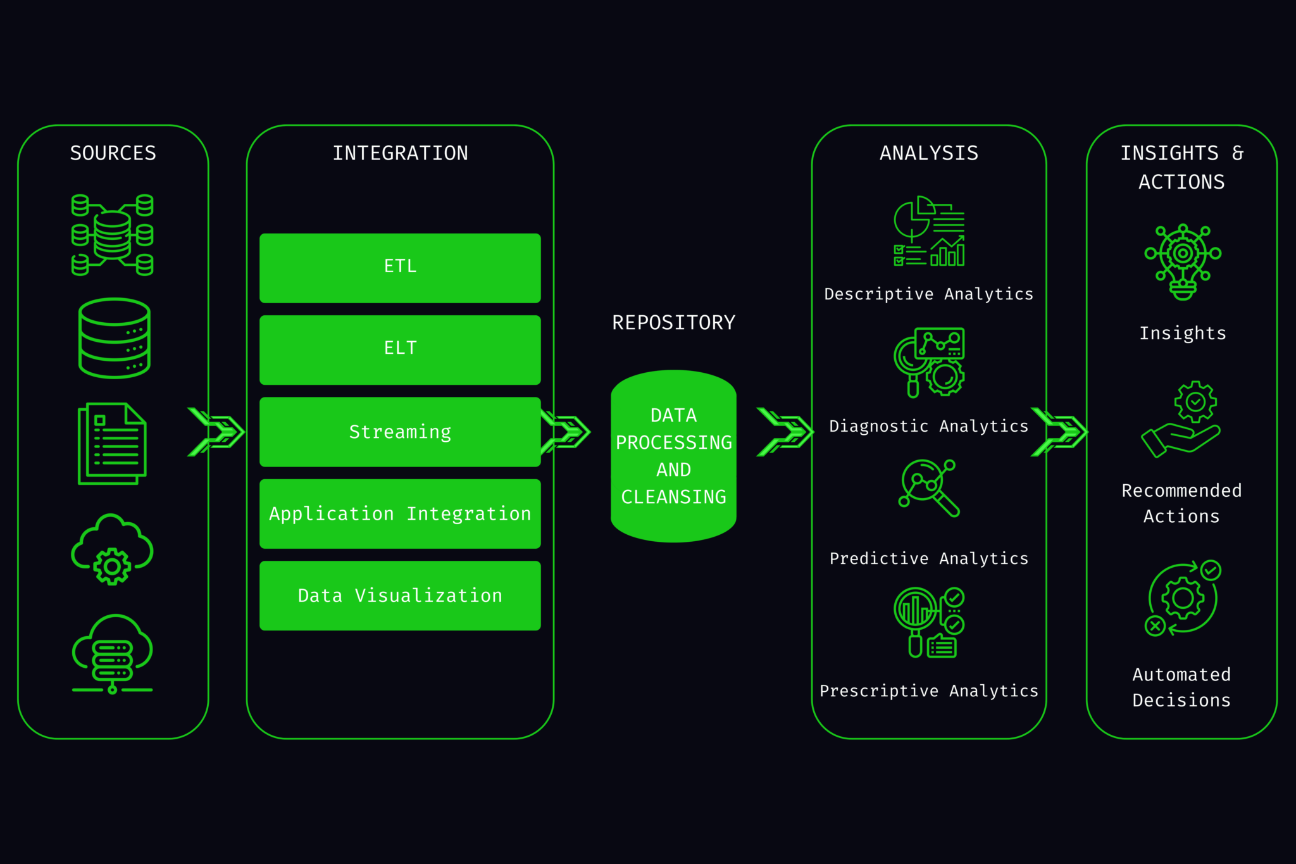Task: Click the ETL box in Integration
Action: (x=400, y=268)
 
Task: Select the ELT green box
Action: (x=400, y=349)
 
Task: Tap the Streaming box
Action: (x=400, y=432)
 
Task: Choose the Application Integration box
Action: (x=400, y=513)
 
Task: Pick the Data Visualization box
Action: (x=400, y=595)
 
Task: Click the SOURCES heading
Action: (x=113, y=153)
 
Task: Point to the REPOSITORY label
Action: (x=673, y=323)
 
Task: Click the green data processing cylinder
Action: (x=673, y=456)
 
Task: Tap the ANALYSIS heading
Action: (x=928, y=153)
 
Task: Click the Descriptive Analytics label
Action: (x=928, y=294)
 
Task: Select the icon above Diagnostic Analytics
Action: (x=929, y=362)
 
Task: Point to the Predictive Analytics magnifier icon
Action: (x=928, y=488)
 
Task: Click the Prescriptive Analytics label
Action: (x=928, y=691)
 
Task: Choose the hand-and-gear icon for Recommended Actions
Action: (x=1181, y=419)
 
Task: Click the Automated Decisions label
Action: (x=1181, y=687)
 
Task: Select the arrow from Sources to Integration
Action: (x=216, y=432)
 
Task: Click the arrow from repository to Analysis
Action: (x=785, y=432)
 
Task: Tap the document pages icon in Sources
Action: (x=112, y=443)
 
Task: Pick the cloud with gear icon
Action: (x=112, y=549)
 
